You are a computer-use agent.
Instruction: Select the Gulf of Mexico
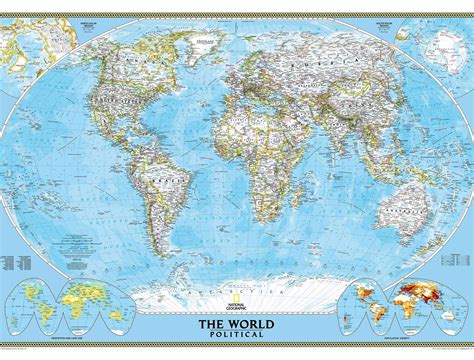(113, 141)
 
